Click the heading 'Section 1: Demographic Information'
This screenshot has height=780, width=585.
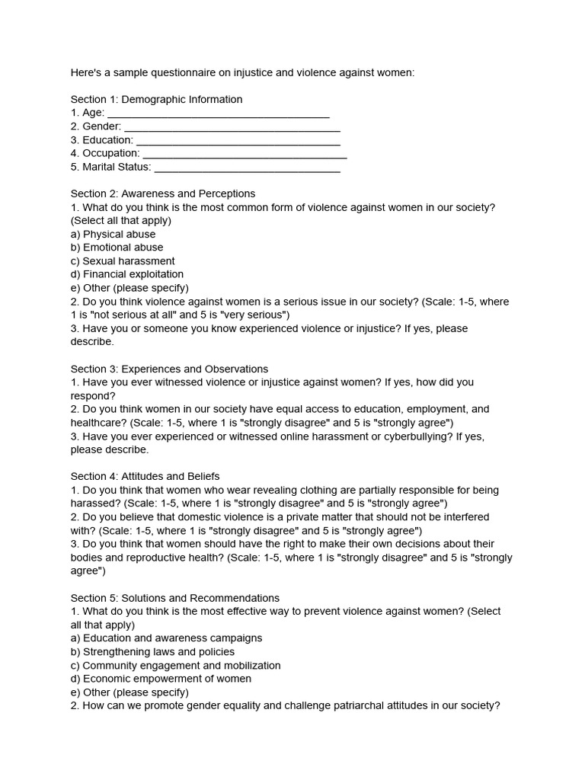tap(156, 99)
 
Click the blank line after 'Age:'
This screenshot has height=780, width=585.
tap(218, 114)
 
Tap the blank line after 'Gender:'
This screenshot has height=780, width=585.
tap(232, 128)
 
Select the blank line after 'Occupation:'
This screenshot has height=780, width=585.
tap(245, 155)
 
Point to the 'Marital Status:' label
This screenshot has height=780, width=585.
tap(111, 167)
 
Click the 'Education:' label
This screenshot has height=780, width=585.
tap(102, 140)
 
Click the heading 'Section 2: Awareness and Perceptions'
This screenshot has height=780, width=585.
tap(163, 193)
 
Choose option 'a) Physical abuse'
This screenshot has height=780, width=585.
tap(113, 234)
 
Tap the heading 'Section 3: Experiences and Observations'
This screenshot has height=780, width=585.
tap(169, 369)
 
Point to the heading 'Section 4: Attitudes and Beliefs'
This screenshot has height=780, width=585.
tap(145, 476)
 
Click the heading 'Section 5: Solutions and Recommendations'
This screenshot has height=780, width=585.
tap(175, 598)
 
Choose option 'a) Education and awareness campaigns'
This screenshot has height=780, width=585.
tap(166, 638)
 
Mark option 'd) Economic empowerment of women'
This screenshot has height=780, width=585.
tap(161, 679)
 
